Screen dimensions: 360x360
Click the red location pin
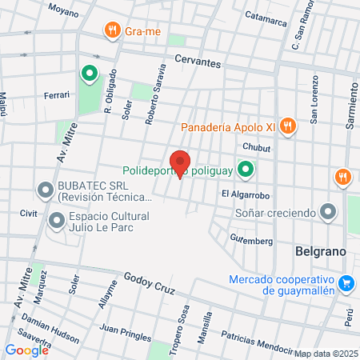click(x=180, y=162)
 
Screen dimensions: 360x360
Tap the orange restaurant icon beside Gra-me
click(x=111, y=31)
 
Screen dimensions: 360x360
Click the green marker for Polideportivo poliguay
click(x=247, y=170)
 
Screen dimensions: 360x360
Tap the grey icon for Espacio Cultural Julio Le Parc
click(x=56, y=220)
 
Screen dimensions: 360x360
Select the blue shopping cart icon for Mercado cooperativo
click(x=346, y=283)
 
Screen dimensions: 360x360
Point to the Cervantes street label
click(x=197, y=62)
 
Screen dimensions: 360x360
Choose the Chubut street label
click(x=256, y=148)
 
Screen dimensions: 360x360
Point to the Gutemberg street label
click(x=252, y=239)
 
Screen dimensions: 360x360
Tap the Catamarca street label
click(x=265, y=15)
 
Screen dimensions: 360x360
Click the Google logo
click(x=26, y=350)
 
